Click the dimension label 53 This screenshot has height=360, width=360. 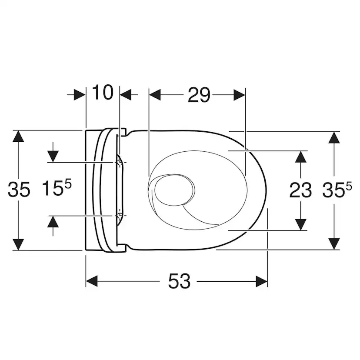(x=179, y=281)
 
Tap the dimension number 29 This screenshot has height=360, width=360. (x=199, y=95)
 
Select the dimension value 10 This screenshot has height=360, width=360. (x=103, y=92)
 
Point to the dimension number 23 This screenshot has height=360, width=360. (x=300, y=190)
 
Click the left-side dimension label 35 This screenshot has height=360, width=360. (x=19, y=190)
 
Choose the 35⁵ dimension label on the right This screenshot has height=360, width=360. (x=337, y=189)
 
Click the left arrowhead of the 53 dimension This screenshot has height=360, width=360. (x=92, y=281)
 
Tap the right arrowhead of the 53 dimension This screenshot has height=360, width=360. (x=261, y=281)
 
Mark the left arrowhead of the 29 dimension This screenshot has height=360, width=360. (x=155, y=95)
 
